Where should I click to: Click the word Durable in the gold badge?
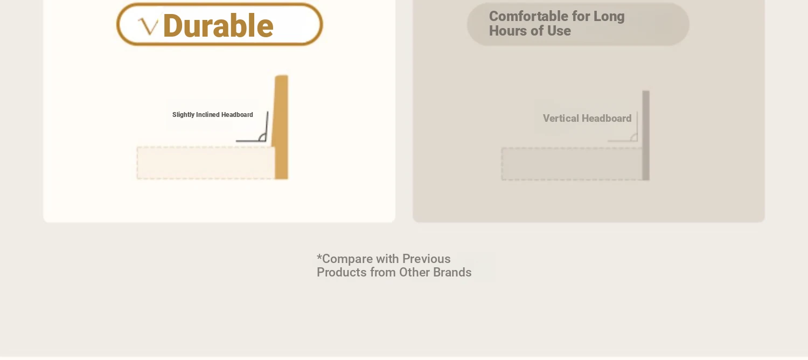[x=218, y=26]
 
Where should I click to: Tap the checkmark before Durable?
[x=148, y=27]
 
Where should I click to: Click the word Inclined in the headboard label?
[x=208, y=114]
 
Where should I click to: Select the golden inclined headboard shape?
[x=281, y=127]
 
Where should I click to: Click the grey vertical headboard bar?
[x=646, y=135]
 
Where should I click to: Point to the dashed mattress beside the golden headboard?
[x=206, y=163]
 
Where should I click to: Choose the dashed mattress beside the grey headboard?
[x=572, y=164]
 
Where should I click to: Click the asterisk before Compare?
[x=319, y=257]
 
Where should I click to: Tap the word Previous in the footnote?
[x=427, y=259]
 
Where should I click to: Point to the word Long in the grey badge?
[x=609, y=17]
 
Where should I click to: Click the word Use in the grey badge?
[x=559, y=31]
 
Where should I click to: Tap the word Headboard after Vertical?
[x=607, y=119]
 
